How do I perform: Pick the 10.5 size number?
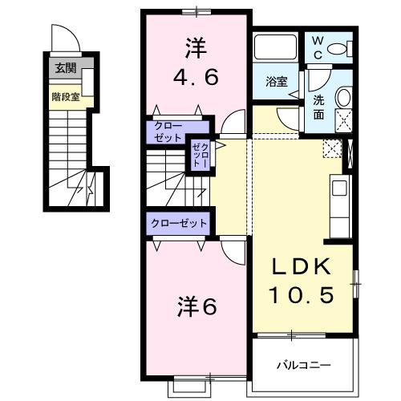[x=304, y=295]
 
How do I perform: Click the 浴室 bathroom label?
[x=277, y=81]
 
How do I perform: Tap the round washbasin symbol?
[x=343, y=98]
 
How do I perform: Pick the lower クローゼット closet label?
[x=178, y=223]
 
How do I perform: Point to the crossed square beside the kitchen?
[x=331, y=148]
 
